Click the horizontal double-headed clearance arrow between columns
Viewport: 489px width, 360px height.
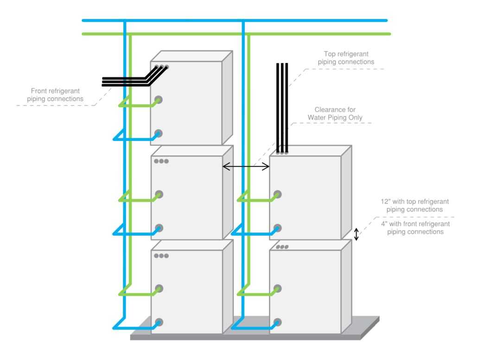point(246,167)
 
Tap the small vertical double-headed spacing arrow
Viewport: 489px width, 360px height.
point(356,234)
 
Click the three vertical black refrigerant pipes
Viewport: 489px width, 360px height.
point(282,107)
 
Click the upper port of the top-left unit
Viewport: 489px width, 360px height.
point(158,99)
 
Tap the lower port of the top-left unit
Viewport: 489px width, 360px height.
point(158,133)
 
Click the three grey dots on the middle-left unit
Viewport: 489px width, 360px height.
point(162,161)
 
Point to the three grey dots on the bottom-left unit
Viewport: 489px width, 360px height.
point(162,256)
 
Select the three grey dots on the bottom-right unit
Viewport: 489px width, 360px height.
point(282,247)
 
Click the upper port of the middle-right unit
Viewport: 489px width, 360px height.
point(277,194)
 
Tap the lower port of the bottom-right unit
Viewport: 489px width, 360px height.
point(277,321)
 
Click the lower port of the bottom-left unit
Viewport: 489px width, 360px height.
point(158,321)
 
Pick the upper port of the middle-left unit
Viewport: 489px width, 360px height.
point(158,194)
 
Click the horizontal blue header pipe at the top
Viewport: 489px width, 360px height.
point(301,20)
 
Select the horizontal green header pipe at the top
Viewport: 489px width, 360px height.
point(301,34)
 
